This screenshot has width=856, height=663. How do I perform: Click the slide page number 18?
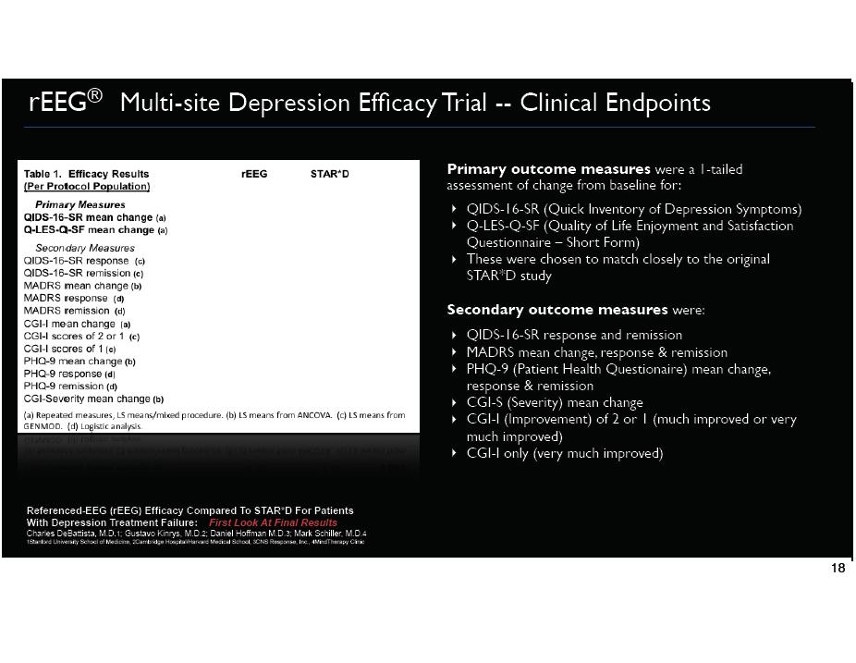[838, 569]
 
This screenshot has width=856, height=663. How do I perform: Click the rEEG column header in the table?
[254, 174]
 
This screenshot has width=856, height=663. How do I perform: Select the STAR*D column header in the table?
[330, 174]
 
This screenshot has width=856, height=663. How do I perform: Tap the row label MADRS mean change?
[76, 286]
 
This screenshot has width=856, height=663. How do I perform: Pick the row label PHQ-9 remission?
[64, 387]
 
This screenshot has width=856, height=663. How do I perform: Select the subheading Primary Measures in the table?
[79, 204]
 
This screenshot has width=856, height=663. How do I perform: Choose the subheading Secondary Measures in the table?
[84, 248]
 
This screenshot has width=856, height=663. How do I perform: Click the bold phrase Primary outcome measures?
[548, 169]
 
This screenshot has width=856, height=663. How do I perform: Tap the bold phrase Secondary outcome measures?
[556, 309]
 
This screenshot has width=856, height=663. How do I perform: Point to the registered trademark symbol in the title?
[96, 95]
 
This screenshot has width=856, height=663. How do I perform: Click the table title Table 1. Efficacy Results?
[86, 174]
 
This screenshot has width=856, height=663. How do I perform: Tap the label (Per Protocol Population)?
[86, 186]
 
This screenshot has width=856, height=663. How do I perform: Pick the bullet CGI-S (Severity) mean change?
[555, 402]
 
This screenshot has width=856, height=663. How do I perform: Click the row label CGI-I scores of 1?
[64, 349]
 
